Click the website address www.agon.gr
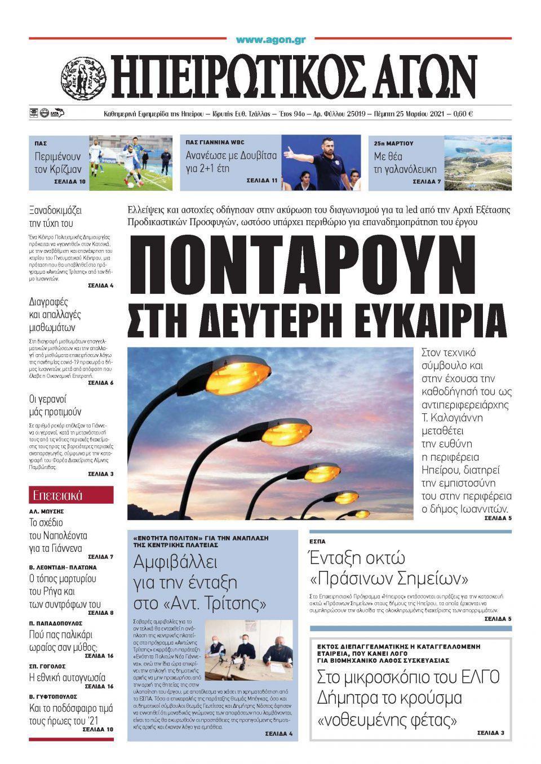point(270,40)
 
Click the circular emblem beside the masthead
point(84,77)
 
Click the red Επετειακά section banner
point(71,495)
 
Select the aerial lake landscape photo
point(478,163)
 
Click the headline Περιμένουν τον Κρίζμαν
point(58,162)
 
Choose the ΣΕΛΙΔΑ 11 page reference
point(262,181)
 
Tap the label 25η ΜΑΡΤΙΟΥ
point(393,144)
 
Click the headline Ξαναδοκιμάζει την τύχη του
point(55,217)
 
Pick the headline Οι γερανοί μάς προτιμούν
point(55,405)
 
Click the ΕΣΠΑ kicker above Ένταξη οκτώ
point(318,542)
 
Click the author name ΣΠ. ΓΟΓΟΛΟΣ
point(47,666)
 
